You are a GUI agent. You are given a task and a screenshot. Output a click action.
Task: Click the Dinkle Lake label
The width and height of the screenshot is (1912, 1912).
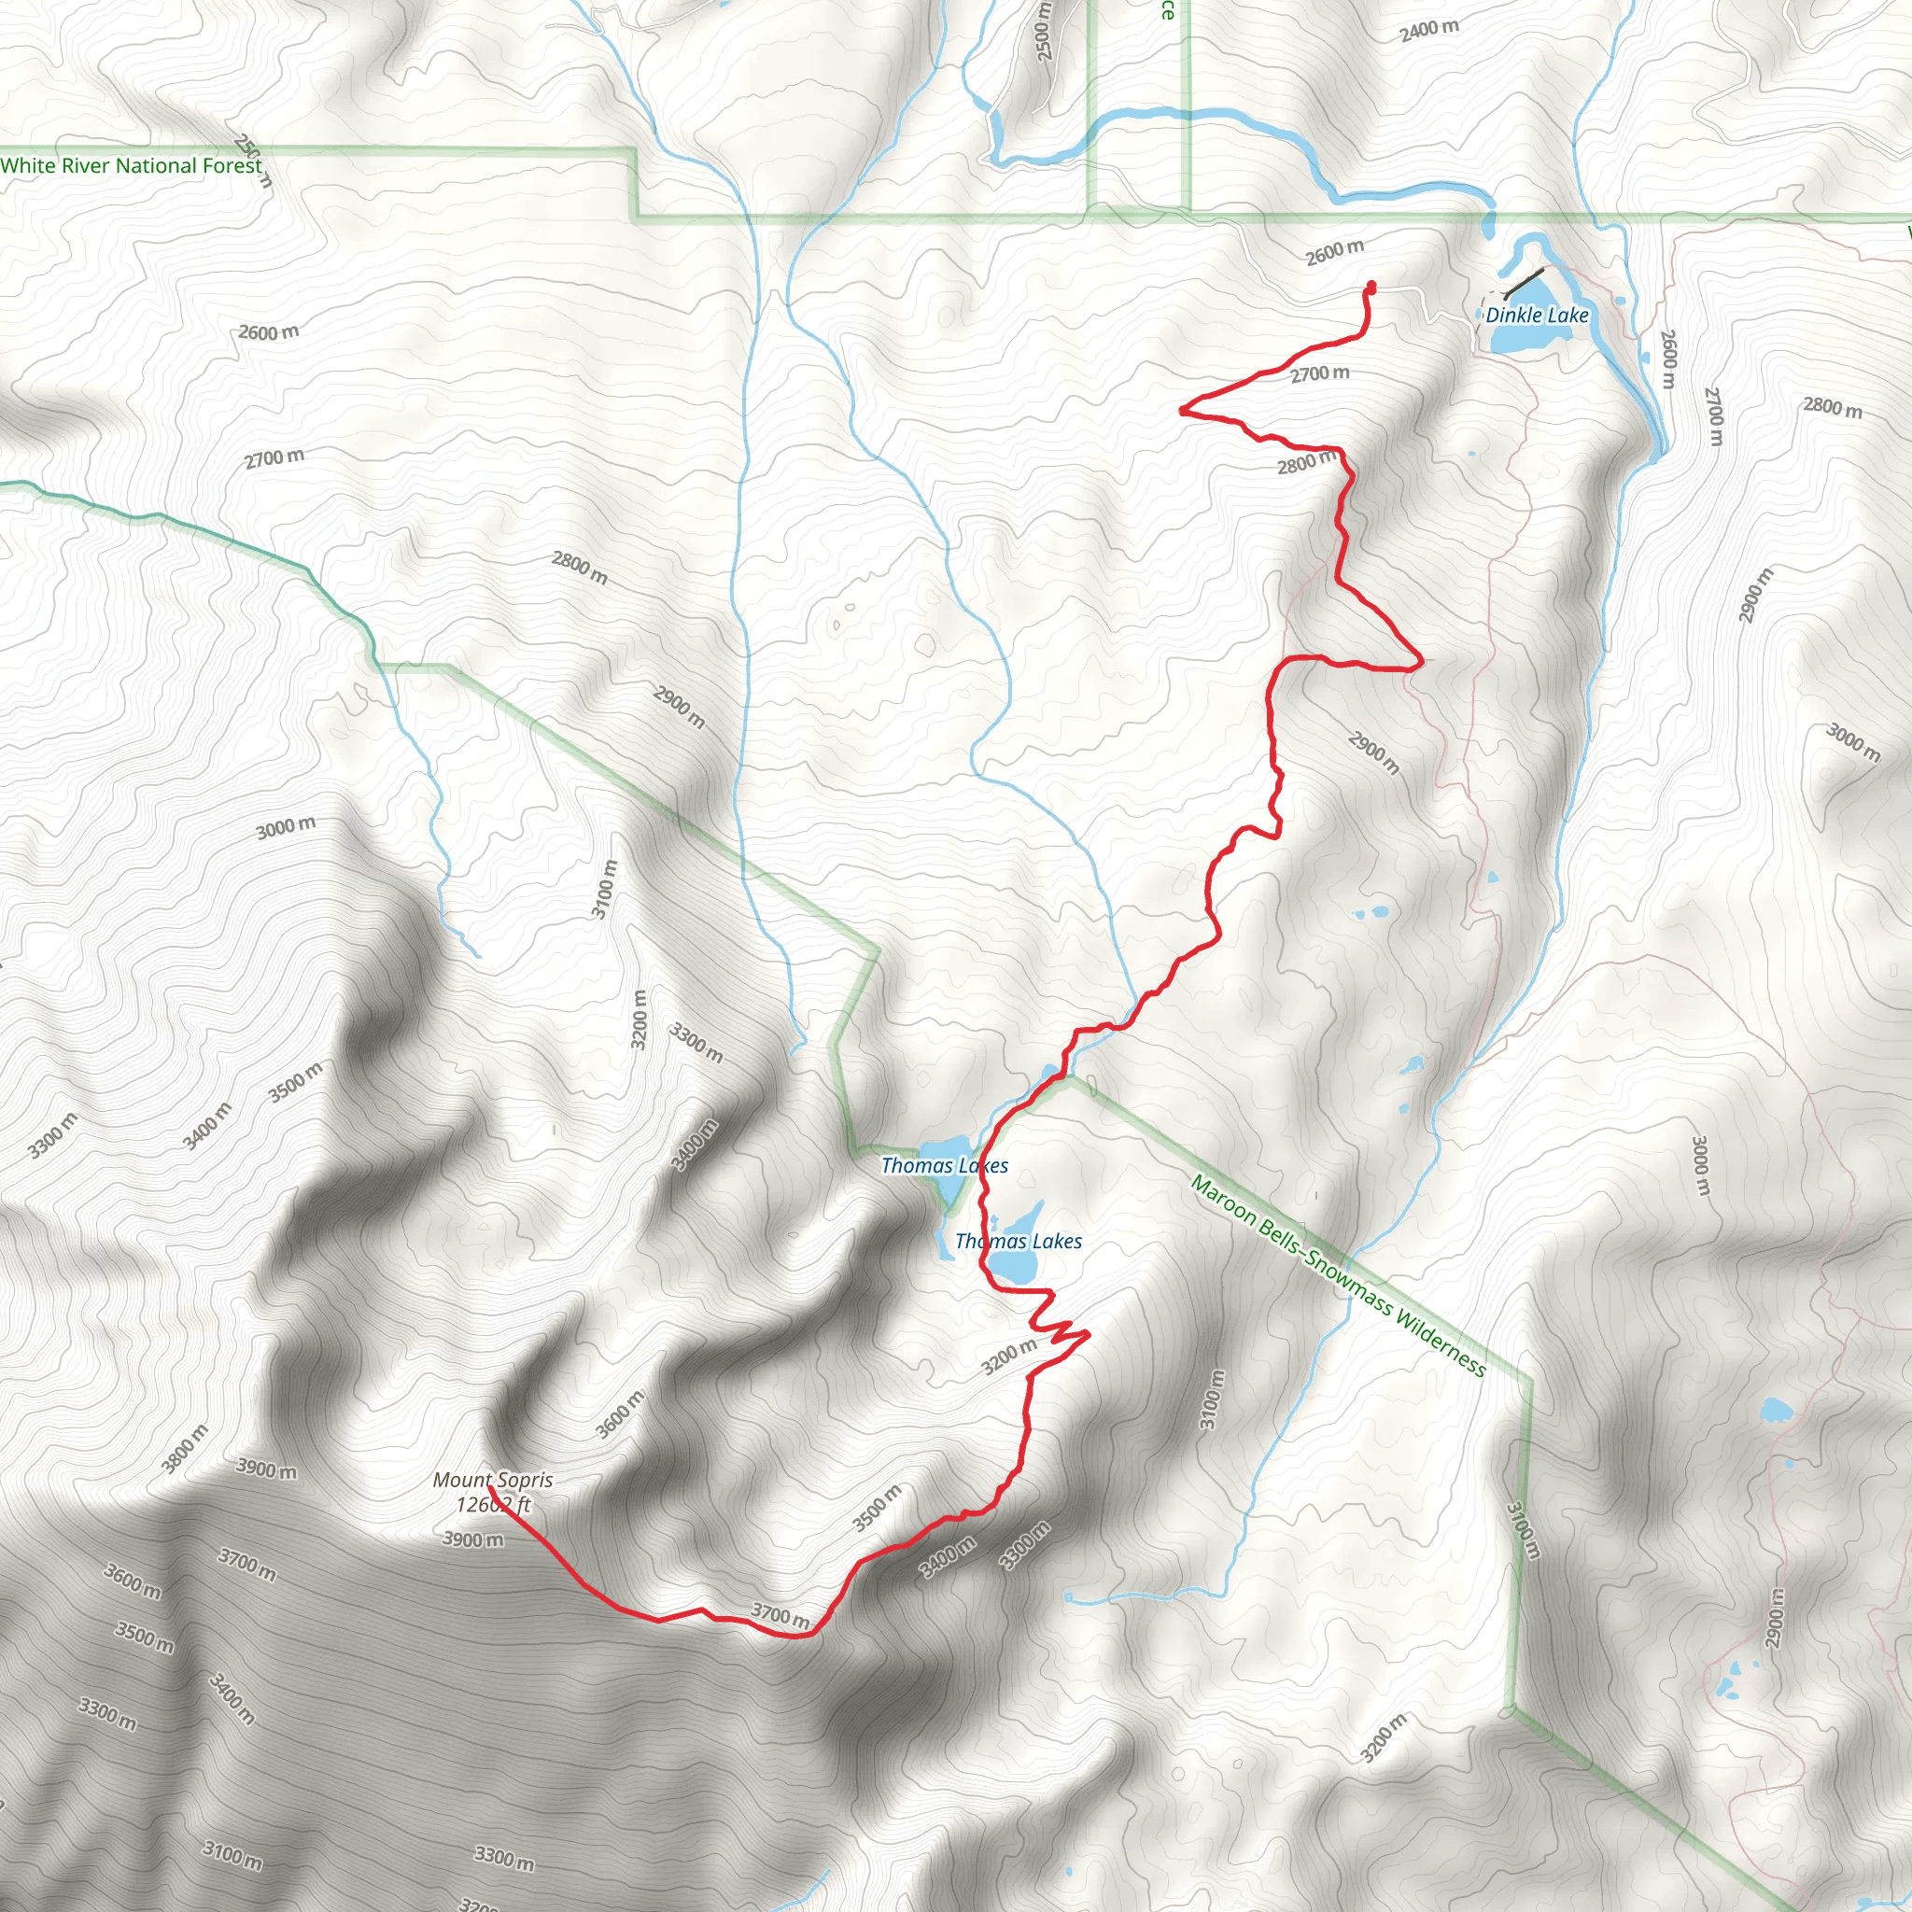1536,315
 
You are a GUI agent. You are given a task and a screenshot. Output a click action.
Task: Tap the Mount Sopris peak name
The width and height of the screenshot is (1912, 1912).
493,1481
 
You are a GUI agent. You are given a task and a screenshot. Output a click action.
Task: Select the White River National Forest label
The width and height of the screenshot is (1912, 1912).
132,165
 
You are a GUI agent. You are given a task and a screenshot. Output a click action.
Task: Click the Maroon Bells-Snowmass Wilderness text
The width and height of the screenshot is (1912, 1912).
1338,1275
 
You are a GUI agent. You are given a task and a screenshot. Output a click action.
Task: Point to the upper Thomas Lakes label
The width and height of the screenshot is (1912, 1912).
944,1166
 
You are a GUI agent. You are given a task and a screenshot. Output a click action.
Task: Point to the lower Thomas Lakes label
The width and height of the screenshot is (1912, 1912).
1019,1241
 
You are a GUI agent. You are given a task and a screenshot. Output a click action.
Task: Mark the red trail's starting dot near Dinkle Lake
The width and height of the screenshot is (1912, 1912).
1371,287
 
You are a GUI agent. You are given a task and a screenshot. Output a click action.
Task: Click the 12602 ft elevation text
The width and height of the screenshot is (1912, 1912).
493,1505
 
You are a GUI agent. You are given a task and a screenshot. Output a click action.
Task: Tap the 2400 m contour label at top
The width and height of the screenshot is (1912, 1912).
1429,30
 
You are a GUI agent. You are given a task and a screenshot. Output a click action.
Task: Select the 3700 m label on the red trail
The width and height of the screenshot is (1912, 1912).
780,1615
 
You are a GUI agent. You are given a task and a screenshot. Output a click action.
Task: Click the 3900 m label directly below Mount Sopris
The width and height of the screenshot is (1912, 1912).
472,1539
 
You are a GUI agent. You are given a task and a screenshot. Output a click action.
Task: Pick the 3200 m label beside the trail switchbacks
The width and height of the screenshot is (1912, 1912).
1008,1357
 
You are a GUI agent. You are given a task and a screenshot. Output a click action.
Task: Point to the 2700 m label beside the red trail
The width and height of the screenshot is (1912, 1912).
1319,374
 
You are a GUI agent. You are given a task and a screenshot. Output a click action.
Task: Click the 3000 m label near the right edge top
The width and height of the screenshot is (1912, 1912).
1852,742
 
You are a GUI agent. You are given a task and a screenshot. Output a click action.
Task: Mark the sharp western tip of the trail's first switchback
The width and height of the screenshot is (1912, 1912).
1182,409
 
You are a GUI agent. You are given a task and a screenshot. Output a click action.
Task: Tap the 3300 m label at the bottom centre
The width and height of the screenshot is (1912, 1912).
504,1858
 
